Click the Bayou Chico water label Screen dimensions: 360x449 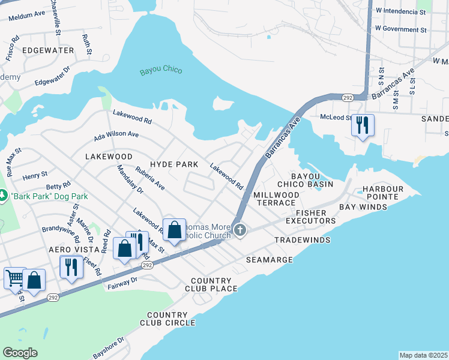(161, 71)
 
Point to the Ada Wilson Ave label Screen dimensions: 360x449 (116, 137)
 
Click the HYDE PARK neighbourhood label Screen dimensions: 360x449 (174, 164)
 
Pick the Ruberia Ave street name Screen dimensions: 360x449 (150, 178)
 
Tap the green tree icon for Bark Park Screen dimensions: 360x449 (4, 196)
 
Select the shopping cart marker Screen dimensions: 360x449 (15, 278)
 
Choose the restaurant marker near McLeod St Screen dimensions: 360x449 (362, 125)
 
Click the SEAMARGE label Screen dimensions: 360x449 (270, 260)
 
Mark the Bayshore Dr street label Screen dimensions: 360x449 (108, 347)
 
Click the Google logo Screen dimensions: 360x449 (20, 353)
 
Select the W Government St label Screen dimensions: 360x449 (400, 29)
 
